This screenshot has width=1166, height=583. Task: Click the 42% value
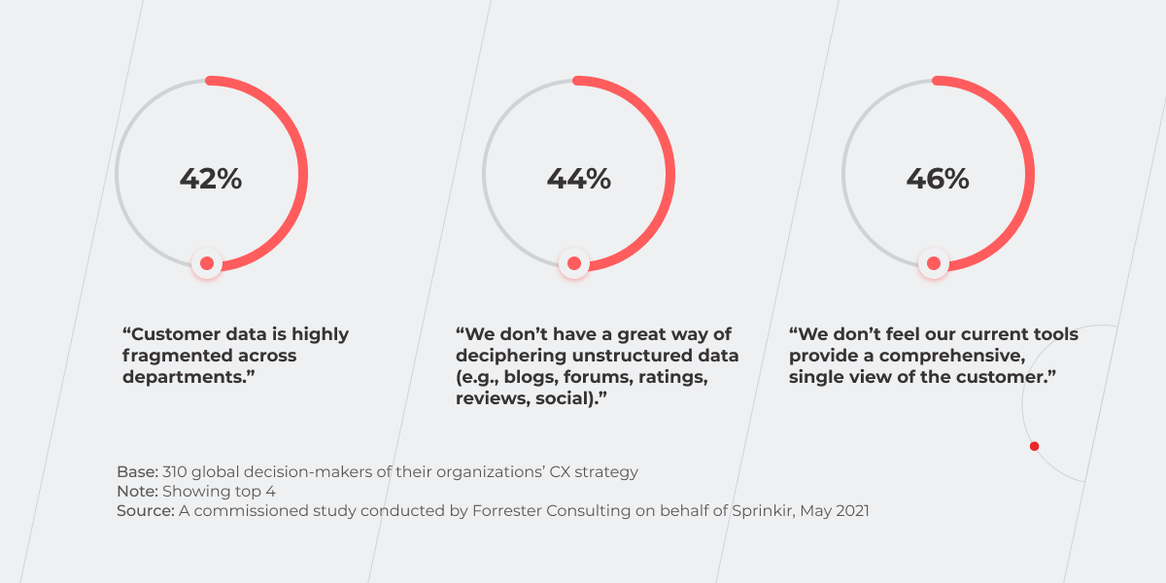pyautogui.click(x=210, y=180)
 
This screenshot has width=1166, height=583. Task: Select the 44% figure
pyautogui.click(x=578, y=180)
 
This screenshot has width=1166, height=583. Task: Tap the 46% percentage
pyautogui.click(x=938, y=180)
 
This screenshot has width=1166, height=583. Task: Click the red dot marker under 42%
pyautogui.click(x=206, y=262)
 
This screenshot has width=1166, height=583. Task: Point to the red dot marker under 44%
pyautogui.click(x=574, y=262)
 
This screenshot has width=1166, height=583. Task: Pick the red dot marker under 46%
pyautogui.click(x=934, y=262)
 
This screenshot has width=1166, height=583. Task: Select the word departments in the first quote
pyautogui.click(x=180, y=377)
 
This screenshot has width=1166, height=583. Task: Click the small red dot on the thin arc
pyautogui.click(x=1034, y=446)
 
